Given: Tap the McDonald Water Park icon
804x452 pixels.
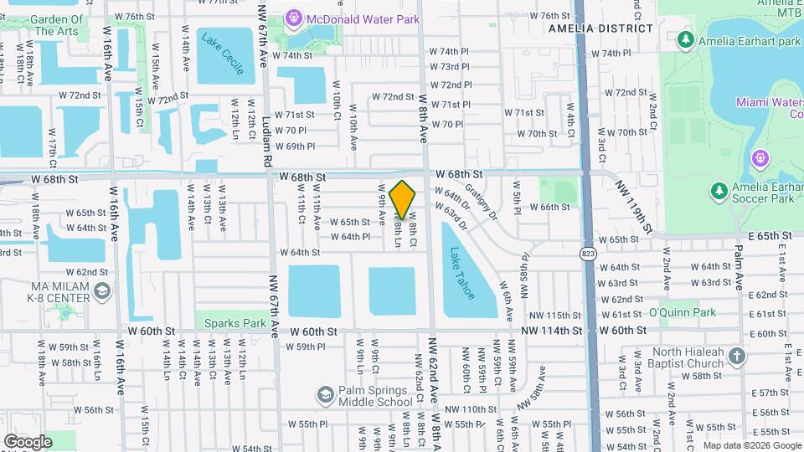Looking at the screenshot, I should [292, 17].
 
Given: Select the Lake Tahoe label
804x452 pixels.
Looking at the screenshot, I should [461, 274].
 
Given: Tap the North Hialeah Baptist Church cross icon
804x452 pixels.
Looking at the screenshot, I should [736, 357].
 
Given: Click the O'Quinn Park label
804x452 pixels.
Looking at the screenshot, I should [683, 312].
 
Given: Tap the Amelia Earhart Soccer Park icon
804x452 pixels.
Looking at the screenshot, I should [718, 192].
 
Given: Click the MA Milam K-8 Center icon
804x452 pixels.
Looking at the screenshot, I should [102, 291].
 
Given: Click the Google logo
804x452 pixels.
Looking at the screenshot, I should [28, 441].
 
